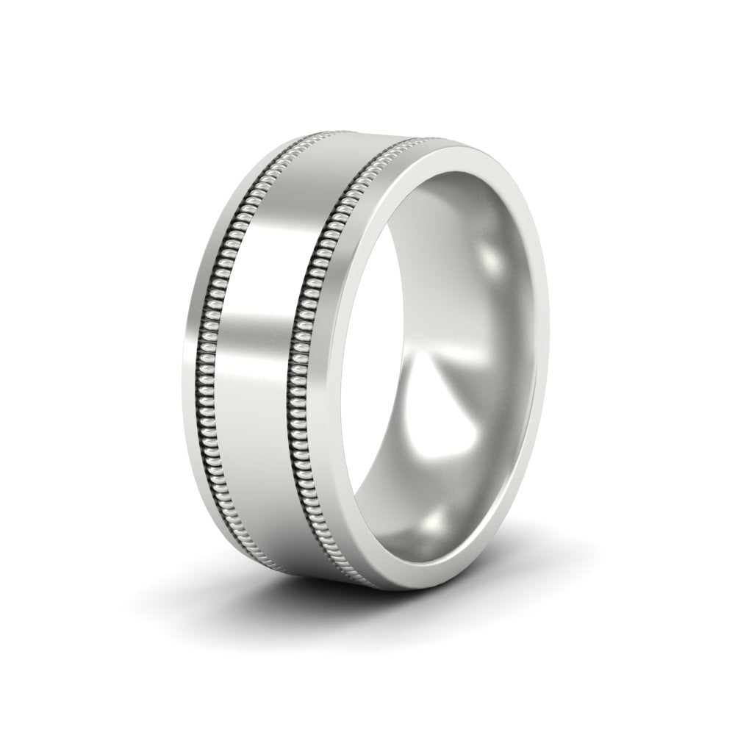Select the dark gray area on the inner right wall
[x=514, y=382]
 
